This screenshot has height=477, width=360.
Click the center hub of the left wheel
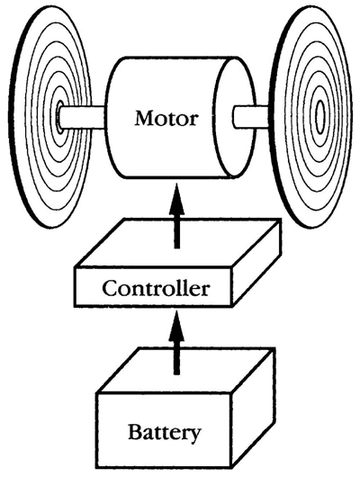click(x=59, y=115)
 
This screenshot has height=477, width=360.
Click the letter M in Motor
click(x=140, y=117)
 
